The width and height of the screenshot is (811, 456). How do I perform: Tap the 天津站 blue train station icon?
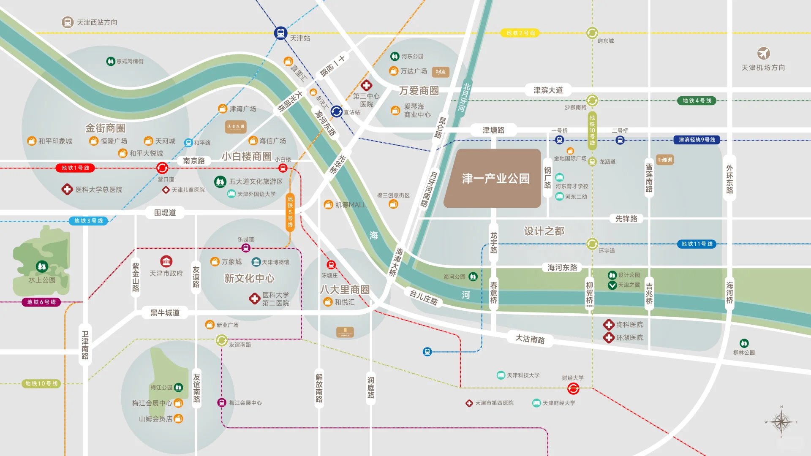280,33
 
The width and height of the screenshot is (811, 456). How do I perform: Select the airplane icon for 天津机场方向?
763,54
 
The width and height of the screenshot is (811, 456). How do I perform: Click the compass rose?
781,421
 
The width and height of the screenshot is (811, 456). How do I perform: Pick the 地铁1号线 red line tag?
75,168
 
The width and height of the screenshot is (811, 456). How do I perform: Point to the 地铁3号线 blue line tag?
88,221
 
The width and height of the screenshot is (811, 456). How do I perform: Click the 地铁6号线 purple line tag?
41,302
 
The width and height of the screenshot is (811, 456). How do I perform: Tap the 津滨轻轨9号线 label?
697,140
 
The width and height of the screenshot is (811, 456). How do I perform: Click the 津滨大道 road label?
548,90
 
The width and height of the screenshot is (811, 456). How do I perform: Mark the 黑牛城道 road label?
165,312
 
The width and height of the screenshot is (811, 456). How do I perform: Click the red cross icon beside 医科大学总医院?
67,189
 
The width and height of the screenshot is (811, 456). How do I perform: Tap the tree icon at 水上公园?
42,266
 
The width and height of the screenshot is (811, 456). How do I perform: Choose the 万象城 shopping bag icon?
215,262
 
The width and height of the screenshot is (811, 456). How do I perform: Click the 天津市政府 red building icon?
166,261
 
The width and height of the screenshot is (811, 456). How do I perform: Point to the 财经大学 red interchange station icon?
573,388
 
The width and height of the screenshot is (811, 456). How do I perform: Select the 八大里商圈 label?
345,290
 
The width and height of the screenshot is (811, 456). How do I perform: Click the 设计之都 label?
544,231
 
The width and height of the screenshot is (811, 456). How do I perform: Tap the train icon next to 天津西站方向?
68,22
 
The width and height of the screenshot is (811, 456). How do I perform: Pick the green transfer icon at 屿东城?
592,33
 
